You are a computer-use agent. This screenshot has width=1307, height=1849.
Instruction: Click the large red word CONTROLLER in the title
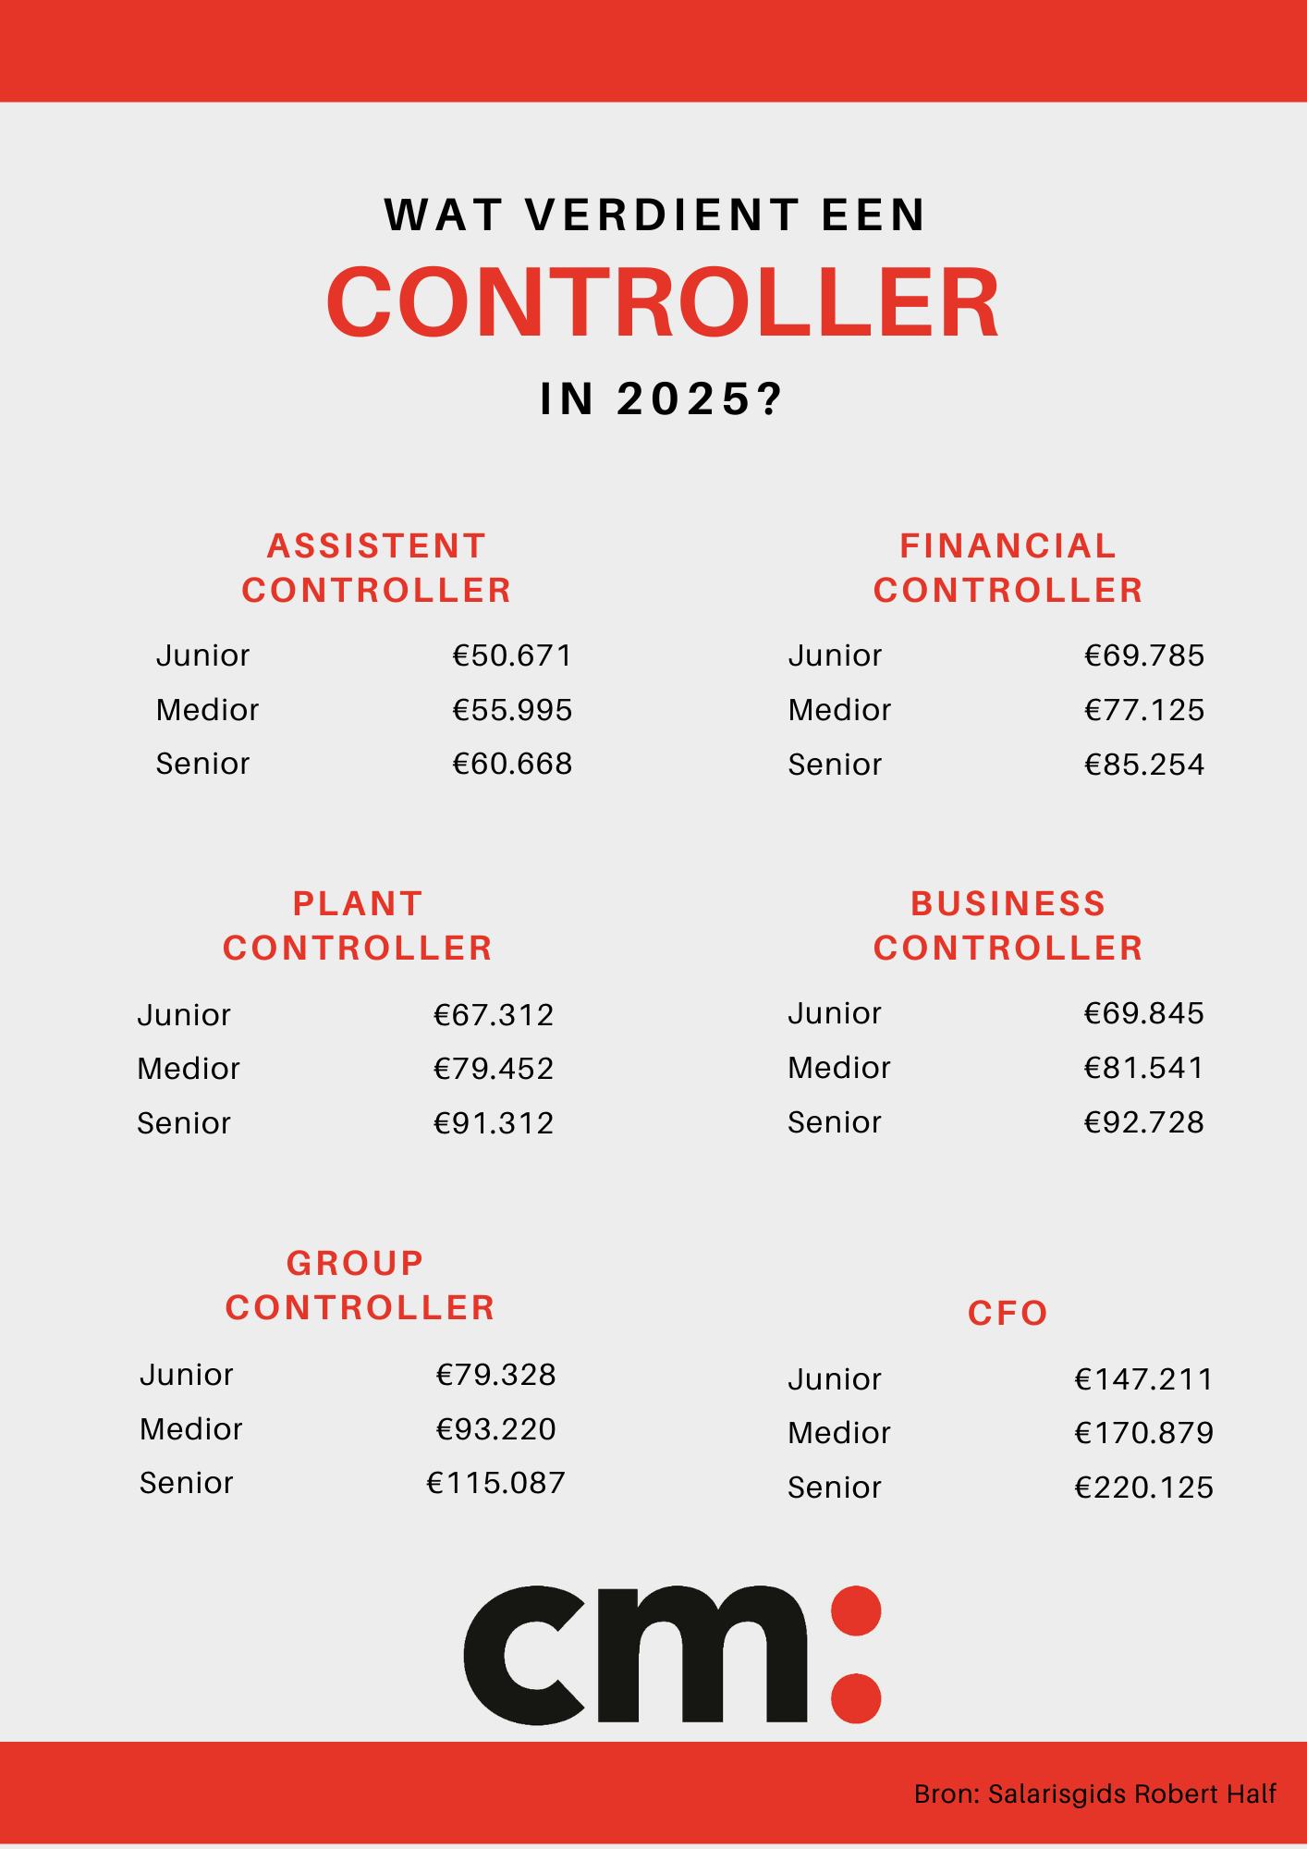(663, 302)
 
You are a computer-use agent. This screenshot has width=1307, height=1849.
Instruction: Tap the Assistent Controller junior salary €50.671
(512, 655)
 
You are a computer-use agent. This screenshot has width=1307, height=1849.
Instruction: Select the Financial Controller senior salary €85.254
(1144, 765)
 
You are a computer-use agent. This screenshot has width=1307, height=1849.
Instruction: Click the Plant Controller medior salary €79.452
(494, 1069)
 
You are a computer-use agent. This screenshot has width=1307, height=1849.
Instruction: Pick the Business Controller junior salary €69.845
(1144, 1013)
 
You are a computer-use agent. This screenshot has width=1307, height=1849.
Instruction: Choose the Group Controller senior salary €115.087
(495, 1483)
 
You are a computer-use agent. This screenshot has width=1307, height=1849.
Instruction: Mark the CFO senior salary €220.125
(1143, 1488)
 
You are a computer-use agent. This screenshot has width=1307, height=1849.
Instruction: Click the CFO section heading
(1008, 1313)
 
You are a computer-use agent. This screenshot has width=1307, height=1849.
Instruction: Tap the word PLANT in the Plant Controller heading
(358, 903)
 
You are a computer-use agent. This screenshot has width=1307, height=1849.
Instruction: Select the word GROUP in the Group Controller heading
(355, 1262)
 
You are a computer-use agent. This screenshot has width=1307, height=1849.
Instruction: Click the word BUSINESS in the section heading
(1008, 903)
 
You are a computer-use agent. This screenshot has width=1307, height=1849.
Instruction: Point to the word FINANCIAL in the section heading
(1008, 545)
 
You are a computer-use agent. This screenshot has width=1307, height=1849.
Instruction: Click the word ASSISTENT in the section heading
(376, 545)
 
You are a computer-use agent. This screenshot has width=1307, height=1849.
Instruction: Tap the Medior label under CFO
(838, 1433)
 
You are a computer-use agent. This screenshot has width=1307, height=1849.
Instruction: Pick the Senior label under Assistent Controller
(202, 764)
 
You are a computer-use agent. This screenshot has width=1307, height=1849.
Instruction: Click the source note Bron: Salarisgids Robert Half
(1094, 1794)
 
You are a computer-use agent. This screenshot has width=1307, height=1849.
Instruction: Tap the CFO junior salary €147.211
(1143, 1379)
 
